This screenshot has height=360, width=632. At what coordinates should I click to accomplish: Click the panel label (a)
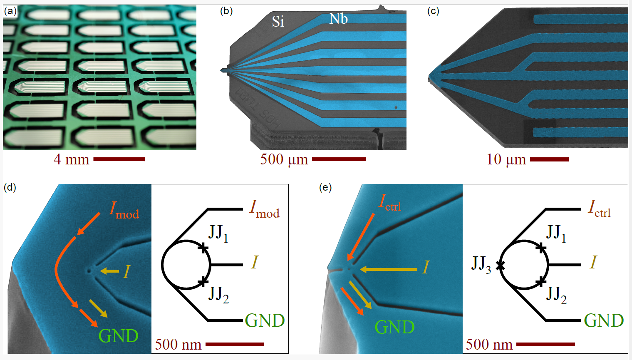click(10, 11)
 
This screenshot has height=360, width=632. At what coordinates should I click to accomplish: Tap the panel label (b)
click(226, 11)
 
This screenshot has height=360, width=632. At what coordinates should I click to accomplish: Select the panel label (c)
click(433, 11)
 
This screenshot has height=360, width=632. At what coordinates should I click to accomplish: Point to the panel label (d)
click(10, 187)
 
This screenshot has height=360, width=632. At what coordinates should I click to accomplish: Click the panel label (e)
click(325, 187)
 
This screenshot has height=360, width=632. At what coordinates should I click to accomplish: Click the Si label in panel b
click(278, 22)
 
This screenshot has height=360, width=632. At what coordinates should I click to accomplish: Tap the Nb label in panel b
click(338, 19)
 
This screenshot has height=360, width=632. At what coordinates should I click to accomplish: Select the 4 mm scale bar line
click(119, 159)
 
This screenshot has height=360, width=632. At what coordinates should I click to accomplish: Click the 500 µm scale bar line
click(339, 159)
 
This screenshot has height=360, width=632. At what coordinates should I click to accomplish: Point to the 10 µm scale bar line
click(549, 159)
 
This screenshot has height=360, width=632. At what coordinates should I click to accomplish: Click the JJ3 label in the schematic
click(481, 264)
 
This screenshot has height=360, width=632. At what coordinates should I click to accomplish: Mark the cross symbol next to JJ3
click(500, 265)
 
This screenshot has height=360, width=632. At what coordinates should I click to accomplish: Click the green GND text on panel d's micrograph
click(119, 336)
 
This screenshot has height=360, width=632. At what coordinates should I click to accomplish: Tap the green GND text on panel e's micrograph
click(394, 327)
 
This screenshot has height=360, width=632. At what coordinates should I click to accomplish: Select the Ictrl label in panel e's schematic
click(599, 208)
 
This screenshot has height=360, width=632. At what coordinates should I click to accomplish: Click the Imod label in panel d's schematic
click(264, 209)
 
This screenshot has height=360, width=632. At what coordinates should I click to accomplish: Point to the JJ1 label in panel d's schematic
click(218, 234)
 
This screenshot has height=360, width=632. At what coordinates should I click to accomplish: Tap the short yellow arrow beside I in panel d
click(110, 271)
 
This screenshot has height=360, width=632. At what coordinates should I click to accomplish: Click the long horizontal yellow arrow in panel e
click(389, 270)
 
